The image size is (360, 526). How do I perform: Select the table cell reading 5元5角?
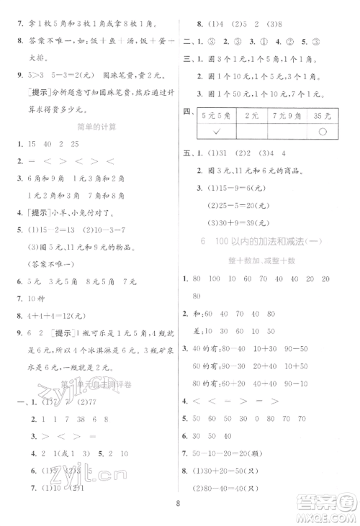pos(219,114)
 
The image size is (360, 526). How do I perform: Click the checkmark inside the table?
pos(219,132)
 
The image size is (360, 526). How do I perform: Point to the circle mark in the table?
pos(323,132)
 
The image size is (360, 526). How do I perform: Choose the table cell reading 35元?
pos(323,114)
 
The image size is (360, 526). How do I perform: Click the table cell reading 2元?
pos(252,114)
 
